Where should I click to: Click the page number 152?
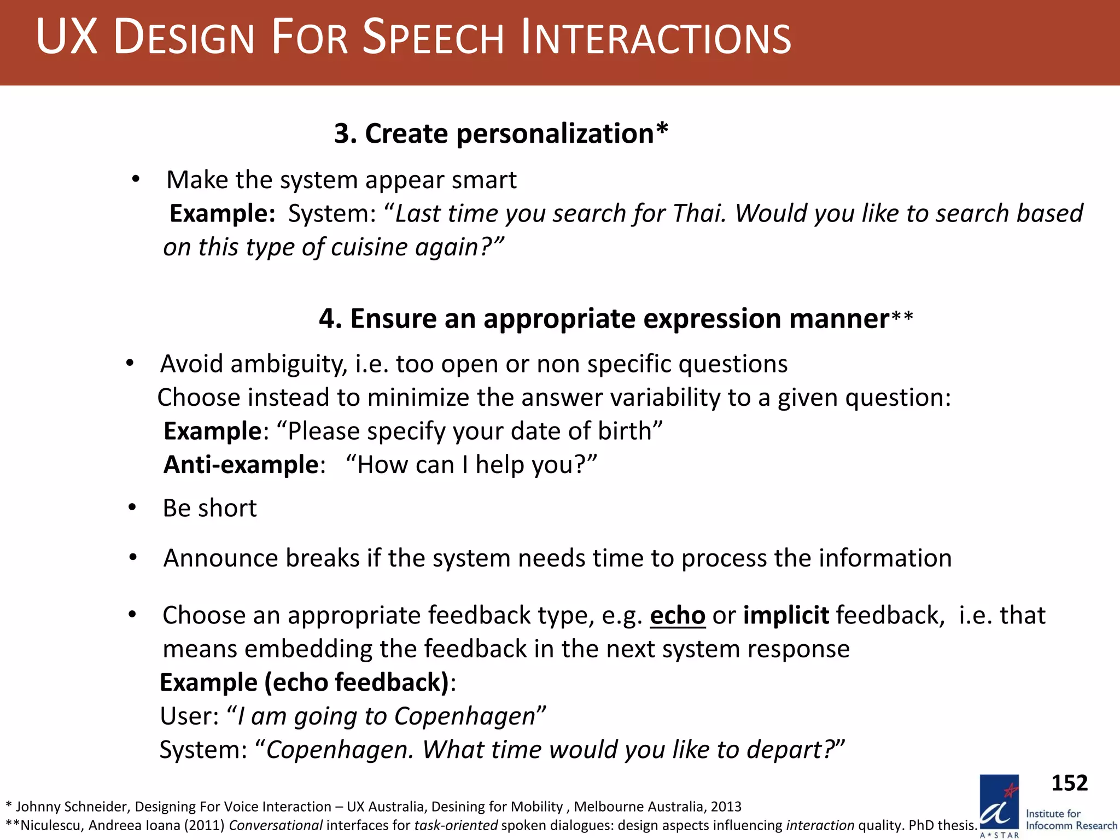tap(1069, 783)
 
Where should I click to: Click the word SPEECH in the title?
tap(433, 38)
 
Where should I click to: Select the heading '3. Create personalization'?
tap(500, 133)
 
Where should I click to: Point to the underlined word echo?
tap(677, 616)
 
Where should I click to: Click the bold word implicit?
tap(786, 616)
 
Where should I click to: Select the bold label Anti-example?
tap(241, 465)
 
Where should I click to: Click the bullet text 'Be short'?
tap(209, 509)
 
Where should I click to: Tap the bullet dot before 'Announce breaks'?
tap(133, 558)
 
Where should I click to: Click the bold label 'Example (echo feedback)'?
tap(304, 682)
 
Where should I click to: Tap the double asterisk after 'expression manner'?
tap(902, 317)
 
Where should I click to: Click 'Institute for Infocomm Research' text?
tap(1071, 820)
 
